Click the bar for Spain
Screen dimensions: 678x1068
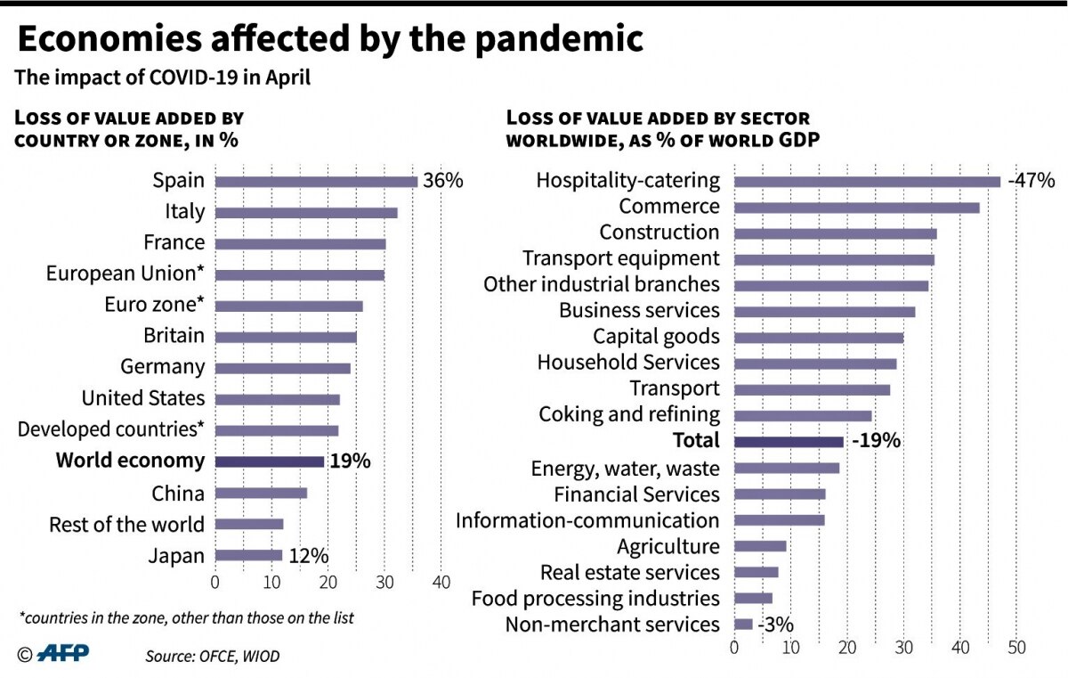(316, 182)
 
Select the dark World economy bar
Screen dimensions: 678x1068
(270, 462)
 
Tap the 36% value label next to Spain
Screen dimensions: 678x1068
(442, 181)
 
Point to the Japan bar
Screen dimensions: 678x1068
(248, 556)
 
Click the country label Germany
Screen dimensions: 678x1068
(162, 367)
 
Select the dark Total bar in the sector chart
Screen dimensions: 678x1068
(789, 441)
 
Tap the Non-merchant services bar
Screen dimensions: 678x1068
(743, 625)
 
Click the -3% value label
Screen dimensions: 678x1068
(775, 625)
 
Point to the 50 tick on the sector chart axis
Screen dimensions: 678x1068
(1016, 648)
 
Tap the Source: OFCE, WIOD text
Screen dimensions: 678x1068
(213, 657)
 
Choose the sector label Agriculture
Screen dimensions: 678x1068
(667, 546)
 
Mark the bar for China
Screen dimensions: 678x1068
(261, 493)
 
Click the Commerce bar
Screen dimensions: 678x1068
(856, 208)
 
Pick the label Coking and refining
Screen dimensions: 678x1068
(629, 414)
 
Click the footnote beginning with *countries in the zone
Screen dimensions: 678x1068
(186, 617)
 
